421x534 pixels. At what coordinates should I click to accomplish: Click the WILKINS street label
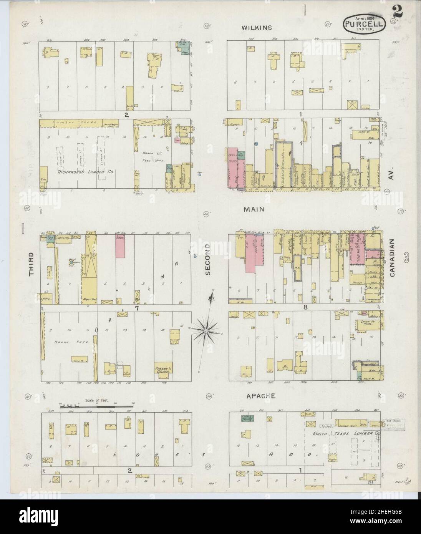point(257,28)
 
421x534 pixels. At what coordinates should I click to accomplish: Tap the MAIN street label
point(252,209)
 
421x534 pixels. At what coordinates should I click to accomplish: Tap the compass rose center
point(206,330)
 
